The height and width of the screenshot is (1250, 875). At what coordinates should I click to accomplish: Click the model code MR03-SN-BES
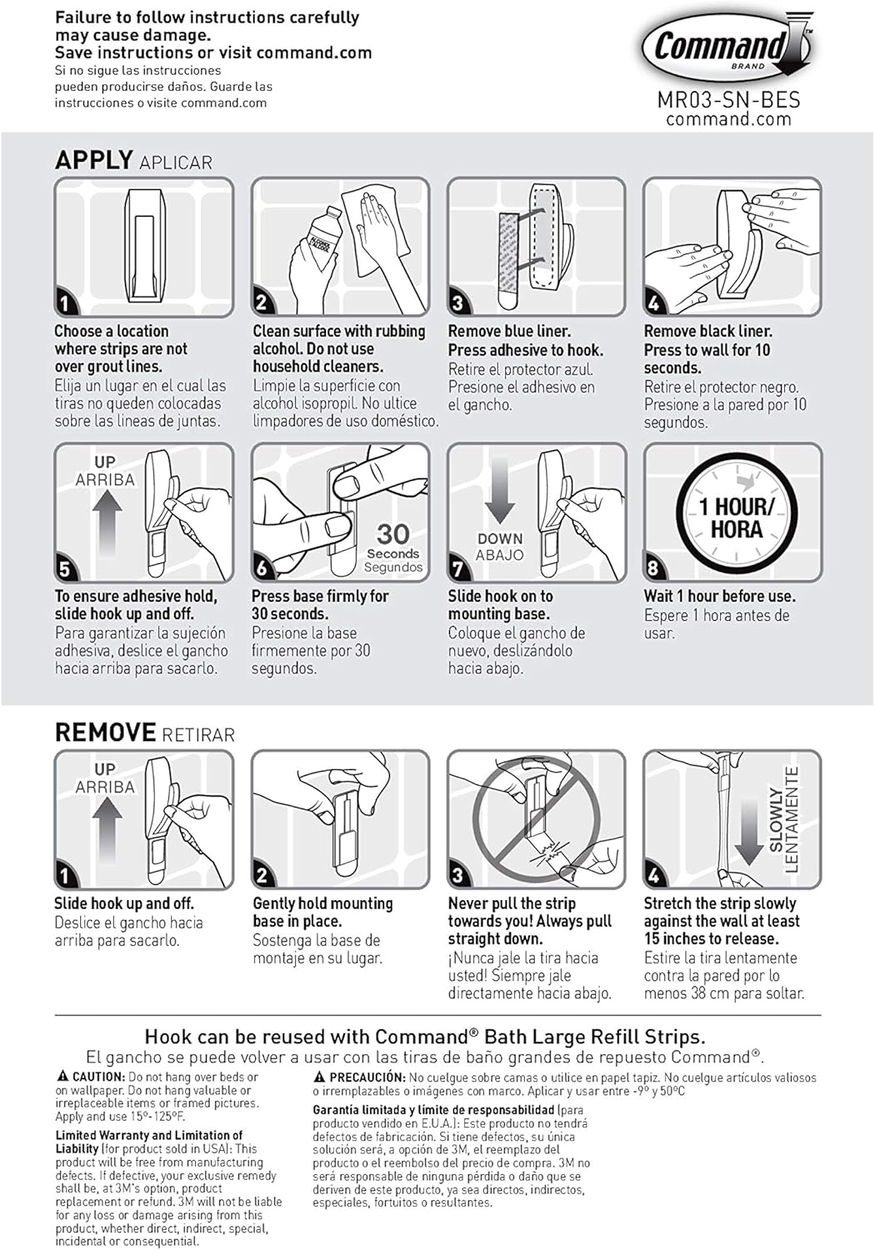click(728, 100)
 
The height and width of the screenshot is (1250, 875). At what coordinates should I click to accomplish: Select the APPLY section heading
click(94, 160)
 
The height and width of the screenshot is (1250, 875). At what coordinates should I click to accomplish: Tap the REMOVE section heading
click(105, 732)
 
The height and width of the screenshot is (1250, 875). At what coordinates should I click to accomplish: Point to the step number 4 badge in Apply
click(654, 302)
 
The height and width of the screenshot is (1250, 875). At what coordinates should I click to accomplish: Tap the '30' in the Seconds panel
click(392, 533)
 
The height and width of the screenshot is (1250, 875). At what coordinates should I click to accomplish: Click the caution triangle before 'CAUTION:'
click(62, 1077)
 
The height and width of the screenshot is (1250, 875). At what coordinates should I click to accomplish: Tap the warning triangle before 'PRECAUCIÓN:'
click(319, 1077)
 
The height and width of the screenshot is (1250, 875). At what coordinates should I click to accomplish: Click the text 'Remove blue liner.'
click(509, 331)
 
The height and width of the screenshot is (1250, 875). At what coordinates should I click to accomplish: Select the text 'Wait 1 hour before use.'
click(719, 596)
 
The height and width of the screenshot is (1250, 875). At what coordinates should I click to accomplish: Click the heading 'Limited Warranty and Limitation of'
click(149, 1135)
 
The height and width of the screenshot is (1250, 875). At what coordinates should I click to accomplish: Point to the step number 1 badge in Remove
click(65, 875)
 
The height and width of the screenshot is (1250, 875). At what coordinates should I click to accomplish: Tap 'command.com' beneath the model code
click(728, 119)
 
